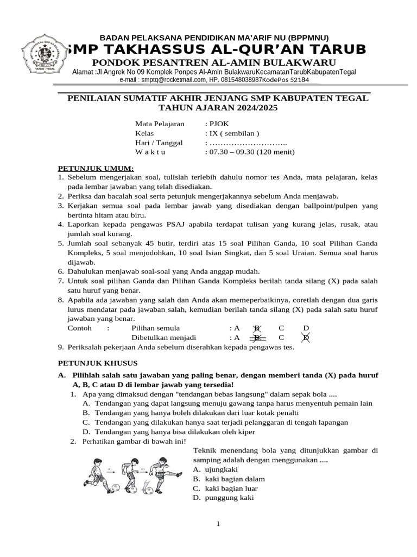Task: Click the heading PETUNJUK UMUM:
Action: [x=96, y=168]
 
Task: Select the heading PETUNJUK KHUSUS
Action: [x=98, y=363]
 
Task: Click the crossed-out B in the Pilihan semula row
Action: [x=257, y=328]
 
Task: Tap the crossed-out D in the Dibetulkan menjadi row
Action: [x=306, y=337]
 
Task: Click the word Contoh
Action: [x=79, y=328]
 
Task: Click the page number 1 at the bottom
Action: [x=218, y=524]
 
